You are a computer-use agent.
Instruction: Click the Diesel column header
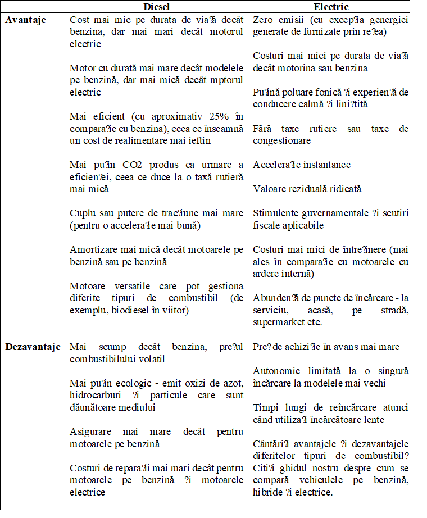point(157,7)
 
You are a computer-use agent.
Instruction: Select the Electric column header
point(331,7)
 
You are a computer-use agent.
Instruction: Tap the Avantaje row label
point(26,20)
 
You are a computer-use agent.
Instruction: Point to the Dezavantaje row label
point(33,347)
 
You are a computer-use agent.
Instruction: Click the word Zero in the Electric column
point(264,20)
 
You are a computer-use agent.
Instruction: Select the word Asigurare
point(90,431)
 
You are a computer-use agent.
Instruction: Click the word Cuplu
point(82,213)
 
